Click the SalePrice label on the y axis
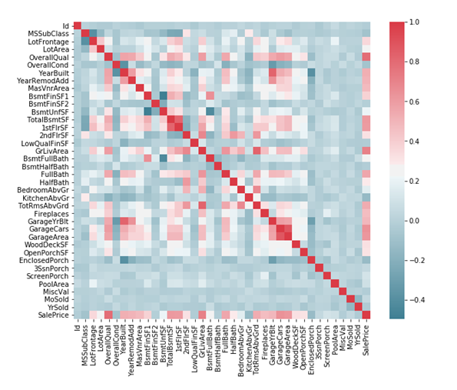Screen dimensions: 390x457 tap(53, 315)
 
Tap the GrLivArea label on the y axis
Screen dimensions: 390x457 tap(51, 151)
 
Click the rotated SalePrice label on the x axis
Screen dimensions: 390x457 tap(366, 338)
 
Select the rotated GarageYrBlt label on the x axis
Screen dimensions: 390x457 tap(273, 342)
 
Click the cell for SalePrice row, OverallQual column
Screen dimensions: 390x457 tap(108, 315)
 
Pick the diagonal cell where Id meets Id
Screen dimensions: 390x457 tap(78, 25)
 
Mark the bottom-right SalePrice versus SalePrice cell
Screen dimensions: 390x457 tap(366, 315)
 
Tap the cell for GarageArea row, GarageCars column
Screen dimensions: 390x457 tap(280, 236)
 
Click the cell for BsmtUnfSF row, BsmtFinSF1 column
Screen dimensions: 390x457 tap(147, 112)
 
